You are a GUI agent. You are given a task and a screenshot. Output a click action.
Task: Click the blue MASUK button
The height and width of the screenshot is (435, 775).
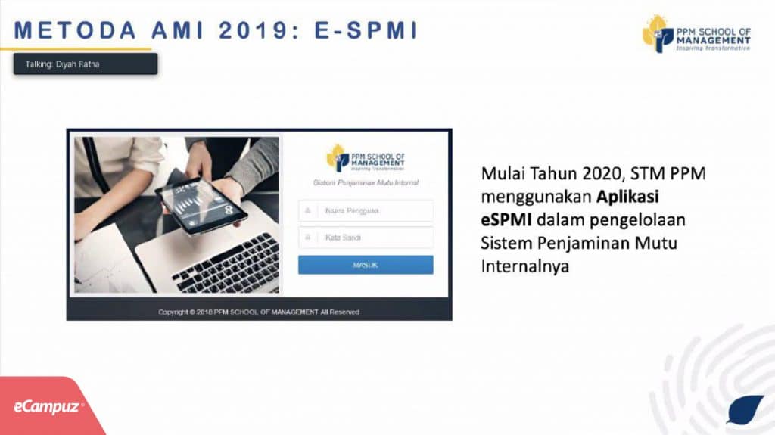pyautogui.click(x=366, y=265)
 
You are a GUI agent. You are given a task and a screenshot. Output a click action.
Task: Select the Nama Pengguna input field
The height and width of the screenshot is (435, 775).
pyautogui.click(x=366, y=210)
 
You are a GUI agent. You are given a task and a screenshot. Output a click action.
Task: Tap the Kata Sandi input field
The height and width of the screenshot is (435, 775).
pyautogui.click(x=366, y=238)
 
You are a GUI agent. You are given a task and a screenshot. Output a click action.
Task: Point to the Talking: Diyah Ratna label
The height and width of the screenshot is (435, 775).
pyautogui.click(x=85, y=64)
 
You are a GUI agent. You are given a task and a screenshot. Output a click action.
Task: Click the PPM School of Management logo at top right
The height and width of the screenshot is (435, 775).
pyautogui.click(x=696, y=34)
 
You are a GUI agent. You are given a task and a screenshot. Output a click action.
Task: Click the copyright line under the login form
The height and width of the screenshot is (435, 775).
pyautogui.click(x=259, y=312)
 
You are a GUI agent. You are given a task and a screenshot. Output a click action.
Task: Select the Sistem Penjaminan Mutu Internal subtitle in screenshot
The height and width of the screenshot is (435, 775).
pyautogui.click(x=366, y=182)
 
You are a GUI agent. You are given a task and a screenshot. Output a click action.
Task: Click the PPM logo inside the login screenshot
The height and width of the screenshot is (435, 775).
pyautogui.click(x=366, y=157)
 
